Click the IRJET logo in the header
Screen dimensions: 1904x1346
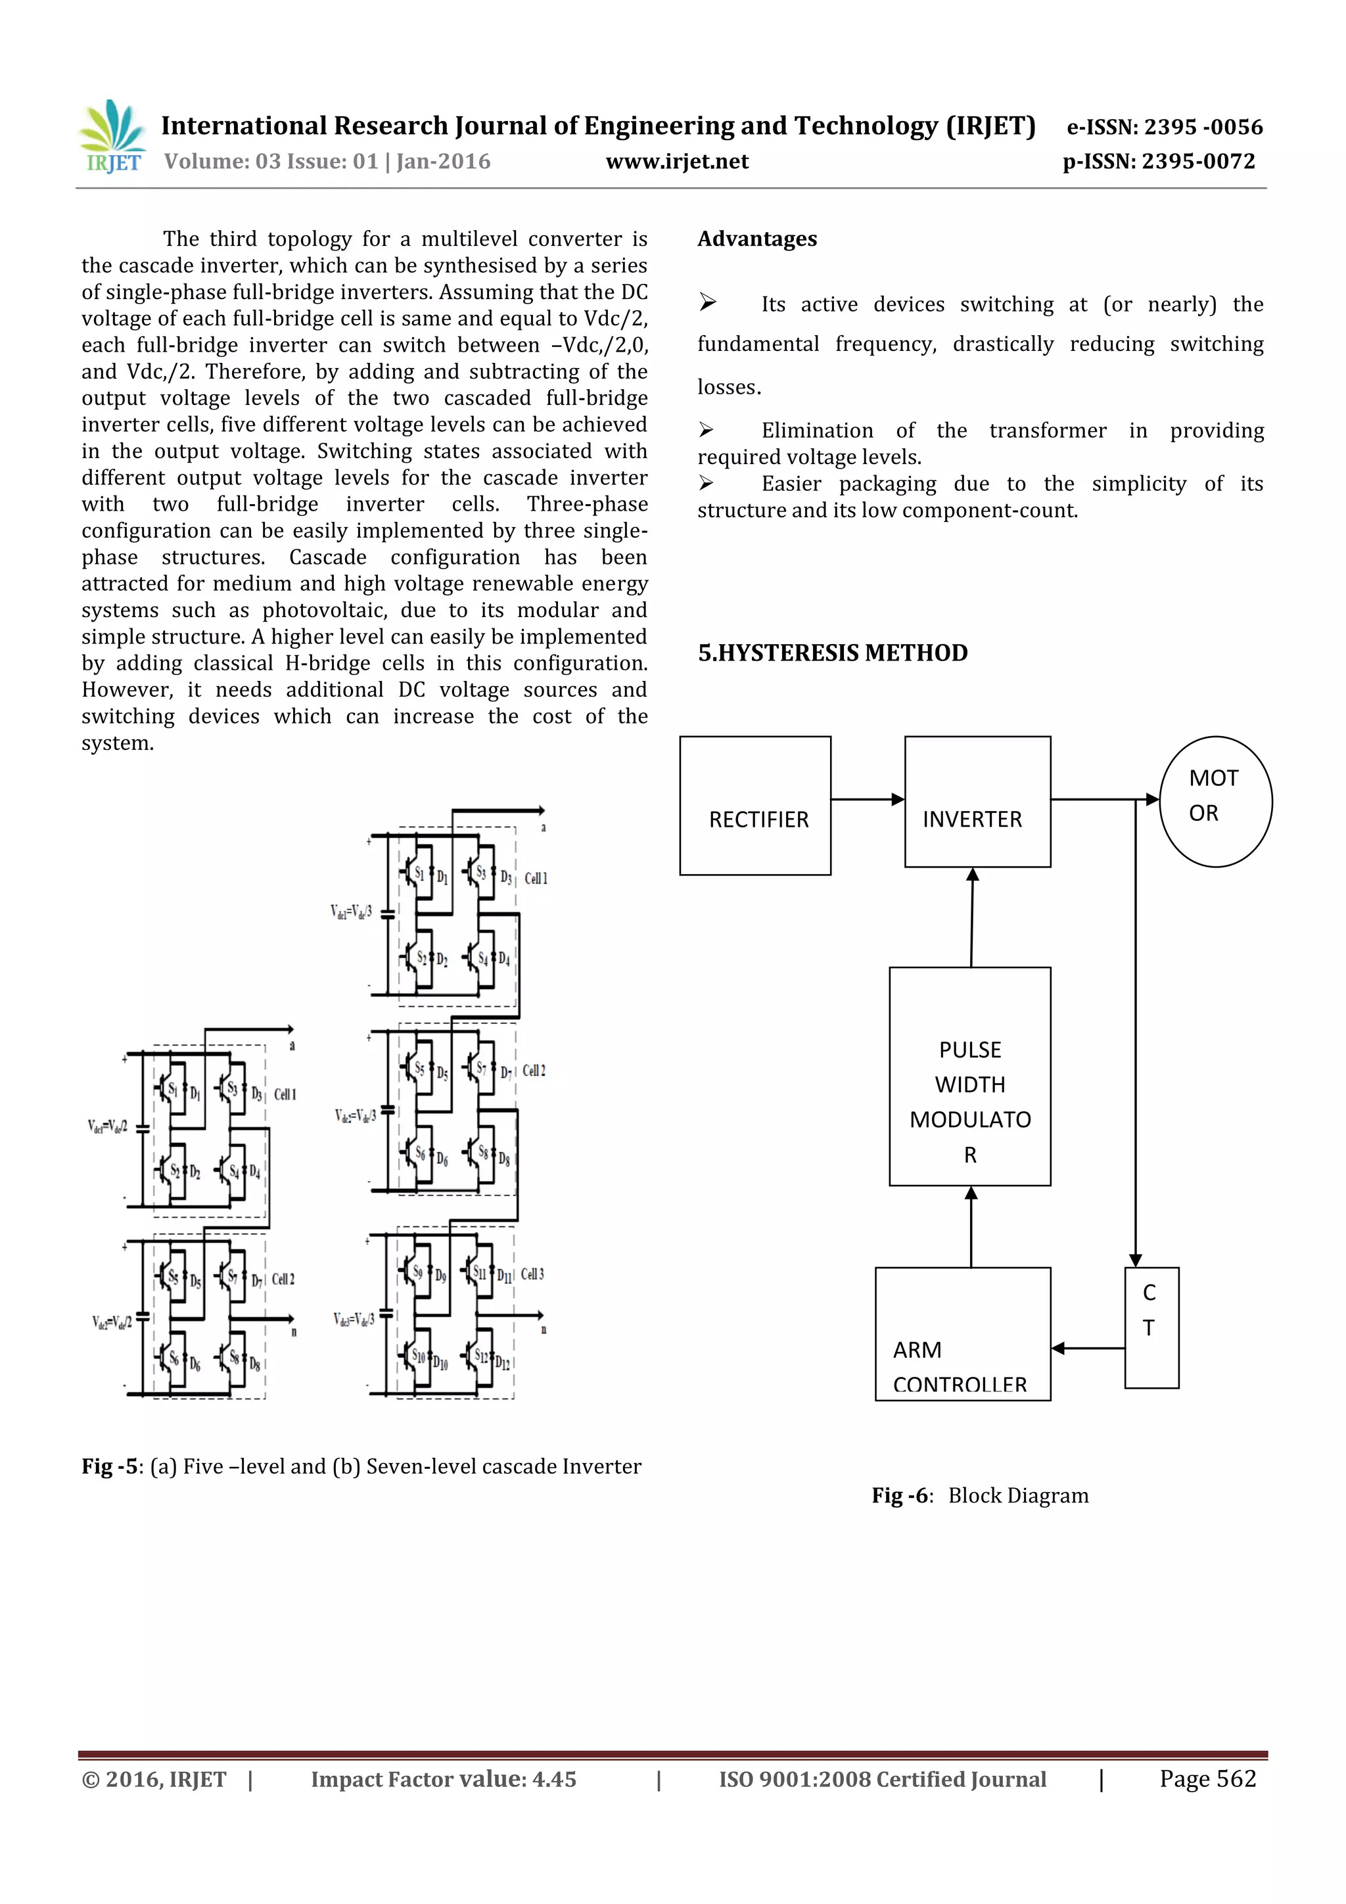[112, 137]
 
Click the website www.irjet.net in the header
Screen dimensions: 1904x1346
[677, 162]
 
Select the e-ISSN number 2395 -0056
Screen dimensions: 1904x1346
[1165, 127]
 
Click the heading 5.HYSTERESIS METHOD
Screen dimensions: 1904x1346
[832, 653]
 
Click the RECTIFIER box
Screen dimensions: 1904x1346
[754, 805]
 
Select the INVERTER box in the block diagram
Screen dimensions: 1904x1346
[977, 801]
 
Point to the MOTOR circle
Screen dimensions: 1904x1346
[1215, 801]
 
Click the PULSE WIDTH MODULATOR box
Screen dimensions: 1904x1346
[969, 1077]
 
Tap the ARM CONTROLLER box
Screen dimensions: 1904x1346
[962, 1334]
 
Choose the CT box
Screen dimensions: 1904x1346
[1151, 1327]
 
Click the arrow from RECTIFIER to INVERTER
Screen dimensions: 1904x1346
[867, 799]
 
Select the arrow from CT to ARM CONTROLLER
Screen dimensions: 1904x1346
[1087, 1349]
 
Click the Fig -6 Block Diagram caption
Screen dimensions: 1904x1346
[979, 1495]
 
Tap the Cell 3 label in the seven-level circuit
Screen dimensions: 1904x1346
[532, 1274]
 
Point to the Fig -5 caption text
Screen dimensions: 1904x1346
[361, 1466]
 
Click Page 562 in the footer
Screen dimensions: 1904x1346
[1207, 1778]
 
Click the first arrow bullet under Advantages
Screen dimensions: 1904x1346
[707, 304]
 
